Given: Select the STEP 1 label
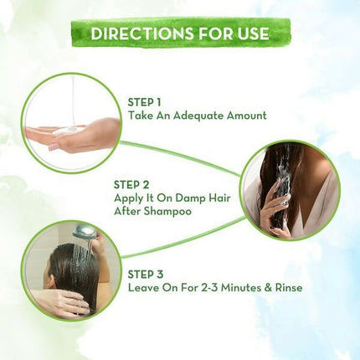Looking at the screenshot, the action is [x=144, y=102].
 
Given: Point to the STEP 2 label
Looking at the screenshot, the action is [x=131, y=185].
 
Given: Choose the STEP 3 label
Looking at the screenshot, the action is [x=146, y=275].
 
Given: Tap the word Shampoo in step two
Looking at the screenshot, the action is [x=168, y=212].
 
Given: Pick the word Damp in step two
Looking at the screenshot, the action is [x=190, y=198].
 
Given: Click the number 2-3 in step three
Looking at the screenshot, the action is [x=209, y=287].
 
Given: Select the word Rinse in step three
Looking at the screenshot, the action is [x=289, y=287].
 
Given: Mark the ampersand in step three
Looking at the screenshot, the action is [x=268, y=288].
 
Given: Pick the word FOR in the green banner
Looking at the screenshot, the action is [x=213, y=33].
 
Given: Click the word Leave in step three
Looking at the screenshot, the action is [x=142, y=287].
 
